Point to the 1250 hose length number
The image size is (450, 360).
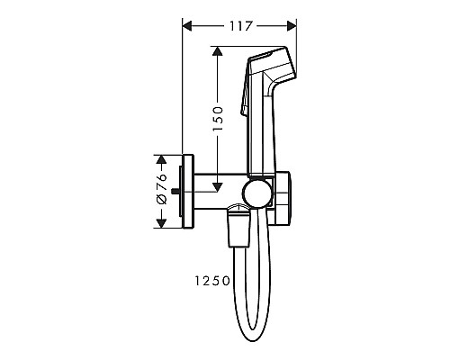(x=211, y=280)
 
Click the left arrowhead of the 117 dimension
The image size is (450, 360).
(x=187, y=26)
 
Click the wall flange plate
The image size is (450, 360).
(x=187, y=192)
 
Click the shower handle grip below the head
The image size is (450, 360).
(x=258, y=135)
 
